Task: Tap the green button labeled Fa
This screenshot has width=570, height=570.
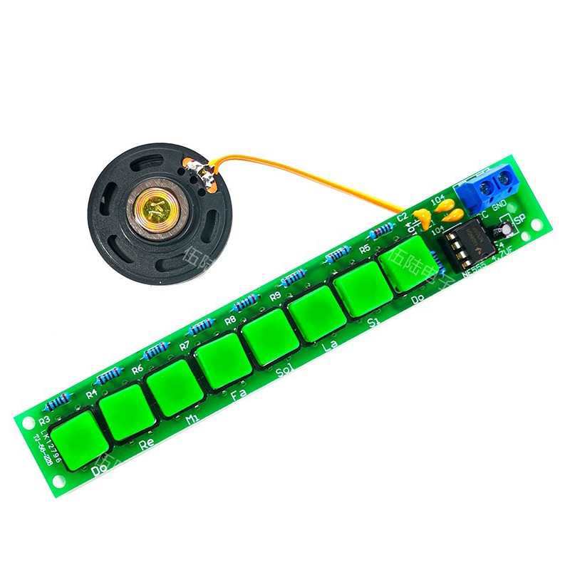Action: (223, 364)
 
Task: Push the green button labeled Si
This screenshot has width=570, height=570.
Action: (362, 293)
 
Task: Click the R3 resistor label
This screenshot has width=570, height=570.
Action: (44, 421)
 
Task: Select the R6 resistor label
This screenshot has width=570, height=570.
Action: (138, 369)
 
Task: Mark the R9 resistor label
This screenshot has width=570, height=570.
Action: (275, 295)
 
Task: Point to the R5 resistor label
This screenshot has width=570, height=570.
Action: (365, 249)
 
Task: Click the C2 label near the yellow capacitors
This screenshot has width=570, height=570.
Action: (403, 216)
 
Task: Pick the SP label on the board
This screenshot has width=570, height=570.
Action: (519, 219)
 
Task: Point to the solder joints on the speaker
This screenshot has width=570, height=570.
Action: (202, 173)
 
